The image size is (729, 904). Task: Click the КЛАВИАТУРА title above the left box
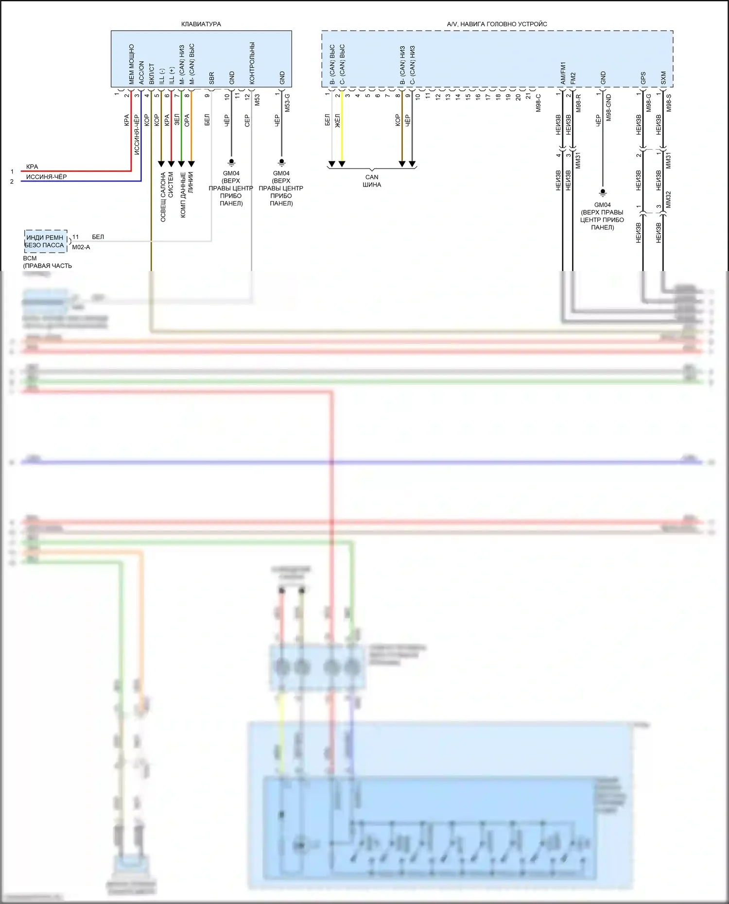coord(201,24)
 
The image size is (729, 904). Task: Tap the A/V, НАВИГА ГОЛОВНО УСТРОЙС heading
coord(497,24)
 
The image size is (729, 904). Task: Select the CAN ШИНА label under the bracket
coord(372,181)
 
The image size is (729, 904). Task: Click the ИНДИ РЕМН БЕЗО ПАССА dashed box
coord(45,241)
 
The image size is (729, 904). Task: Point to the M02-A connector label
coord(81,247)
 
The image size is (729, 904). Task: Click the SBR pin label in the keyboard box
coord(211,78)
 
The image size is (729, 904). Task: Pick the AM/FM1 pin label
coord(563,73)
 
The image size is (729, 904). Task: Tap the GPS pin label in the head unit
coord(643,78)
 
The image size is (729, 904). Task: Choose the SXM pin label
coord(663,78)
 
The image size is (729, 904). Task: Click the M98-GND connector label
coord(609,108)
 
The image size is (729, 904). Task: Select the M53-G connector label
coord(287,103)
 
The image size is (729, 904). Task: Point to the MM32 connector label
coord(668,200)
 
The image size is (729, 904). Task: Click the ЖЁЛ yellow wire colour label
coord(338,120)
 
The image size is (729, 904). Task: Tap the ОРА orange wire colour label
coord(187,120)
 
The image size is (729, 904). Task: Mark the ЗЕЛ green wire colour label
coord(177,119)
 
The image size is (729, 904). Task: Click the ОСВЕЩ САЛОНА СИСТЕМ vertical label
coord(167,197)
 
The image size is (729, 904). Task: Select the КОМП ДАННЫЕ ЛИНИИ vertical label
coord(187,194)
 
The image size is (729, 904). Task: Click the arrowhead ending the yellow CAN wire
coord(342,164)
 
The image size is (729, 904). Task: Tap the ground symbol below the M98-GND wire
coord(603,192)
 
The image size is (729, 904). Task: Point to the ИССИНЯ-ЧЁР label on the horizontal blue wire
coord(46,177)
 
